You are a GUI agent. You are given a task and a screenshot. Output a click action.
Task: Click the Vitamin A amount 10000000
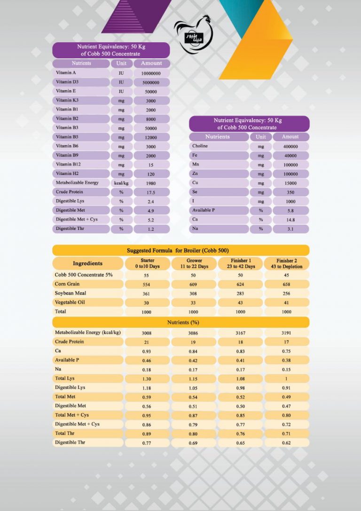(x=151, y=73)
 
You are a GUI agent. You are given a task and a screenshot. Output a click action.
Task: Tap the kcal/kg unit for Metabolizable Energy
(x=121, y=183)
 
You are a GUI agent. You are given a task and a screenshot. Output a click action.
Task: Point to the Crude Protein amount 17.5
(x=151, y=192)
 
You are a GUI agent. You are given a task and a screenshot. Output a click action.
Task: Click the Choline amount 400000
(x=290, y=147)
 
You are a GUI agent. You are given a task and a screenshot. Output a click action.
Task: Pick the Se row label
(x=195, y=192)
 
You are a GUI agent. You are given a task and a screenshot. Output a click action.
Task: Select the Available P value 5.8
(x=290, y=211)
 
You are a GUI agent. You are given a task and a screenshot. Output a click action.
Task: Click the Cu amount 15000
(x=290, y=183)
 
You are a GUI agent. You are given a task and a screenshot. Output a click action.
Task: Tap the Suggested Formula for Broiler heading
(x=180, y=251)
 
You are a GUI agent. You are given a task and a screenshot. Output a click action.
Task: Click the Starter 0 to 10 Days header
(x=147, y=263)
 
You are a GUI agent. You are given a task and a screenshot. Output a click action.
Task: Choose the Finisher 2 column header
(x=287, y=263)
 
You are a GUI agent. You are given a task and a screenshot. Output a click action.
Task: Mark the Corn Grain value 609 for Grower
(x=194, y=284)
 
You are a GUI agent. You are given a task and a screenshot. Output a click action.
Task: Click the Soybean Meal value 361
(x=147, y=294)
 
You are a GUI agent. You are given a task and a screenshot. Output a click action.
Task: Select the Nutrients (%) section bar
(x=180, y=322)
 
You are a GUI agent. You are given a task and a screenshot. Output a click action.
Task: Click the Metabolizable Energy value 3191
(x=287, y=333)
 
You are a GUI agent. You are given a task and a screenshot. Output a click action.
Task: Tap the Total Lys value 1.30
(x=147, y=379)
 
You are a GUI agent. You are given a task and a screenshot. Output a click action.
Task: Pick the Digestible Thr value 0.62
(x=287, y=443)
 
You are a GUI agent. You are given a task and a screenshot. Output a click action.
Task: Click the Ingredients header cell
(x=87, y=263)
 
